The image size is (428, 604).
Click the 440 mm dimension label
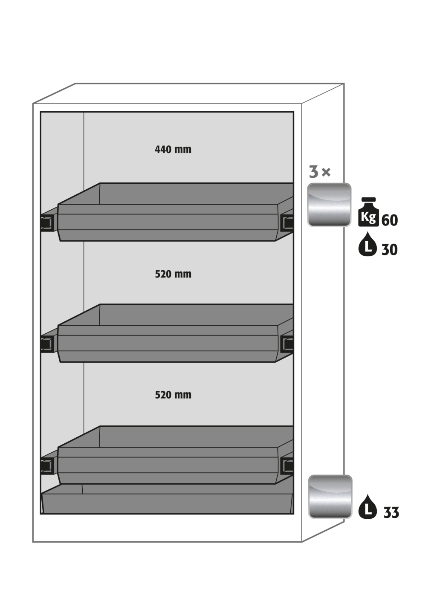point(173,149)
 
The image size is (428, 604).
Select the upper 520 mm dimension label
point(173,274)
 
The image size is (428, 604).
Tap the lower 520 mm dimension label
point(173,395)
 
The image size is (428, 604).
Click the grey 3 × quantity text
point(320,172)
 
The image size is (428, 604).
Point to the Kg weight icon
point(368,212)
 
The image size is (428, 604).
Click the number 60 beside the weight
point(390,220)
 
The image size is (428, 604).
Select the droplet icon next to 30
point(367,244)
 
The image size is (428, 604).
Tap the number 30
point(390,250)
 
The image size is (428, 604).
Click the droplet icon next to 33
point(367,507)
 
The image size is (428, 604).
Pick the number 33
point(391,513)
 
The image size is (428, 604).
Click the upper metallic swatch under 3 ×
point(329,205)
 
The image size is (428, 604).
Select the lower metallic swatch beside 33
point(330,497)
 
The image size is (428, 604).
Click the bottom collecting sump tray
point(167,499)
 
